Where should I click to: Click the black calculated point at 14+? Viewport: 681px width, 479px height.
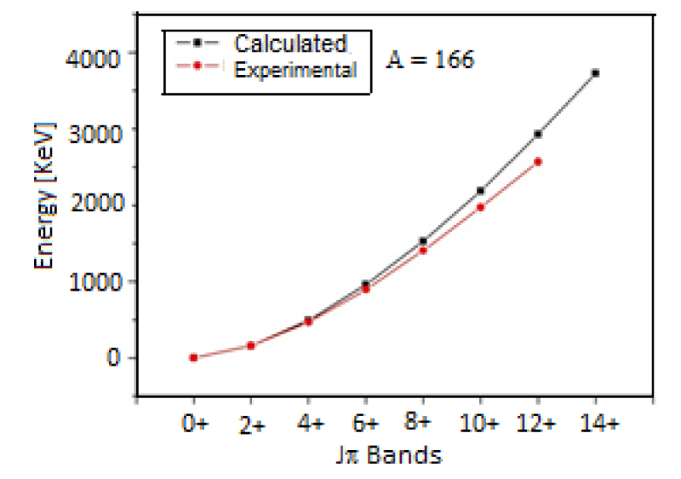click(x=595, y=73)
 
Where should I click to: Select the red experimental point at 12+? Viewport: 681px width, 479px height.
click(x=538, y=161)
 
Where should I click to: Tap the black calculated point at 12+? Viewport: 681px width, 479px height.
click(x=538, y=134)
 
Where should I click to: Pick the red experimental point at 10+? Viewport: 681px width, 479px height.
click(x=480, y=207)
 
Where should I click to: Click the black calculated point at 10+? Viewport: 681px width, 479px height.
click(x=480, y=190)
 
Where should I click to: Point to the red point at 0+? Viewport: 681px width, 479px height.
click(x=193, y=358)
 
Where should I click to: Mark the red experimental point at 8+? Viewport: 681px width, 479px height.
click(x=423, y=251)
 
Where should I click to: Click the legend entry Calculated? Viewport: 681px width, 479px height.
click(x=290, y=43)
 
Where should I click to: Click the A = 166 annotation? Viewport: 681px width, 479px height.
click(x=431, y=61)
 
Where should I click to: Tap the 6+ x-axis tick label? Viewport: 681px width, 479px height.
click(x=366, y=424)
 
